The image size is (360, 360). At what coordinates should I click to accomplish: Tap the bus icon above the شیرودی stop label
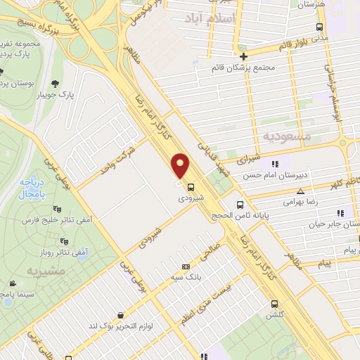click(x=191, y=186)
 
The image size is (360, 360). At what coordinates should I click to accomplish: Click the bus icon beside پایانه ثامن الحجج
click(x=241, y=206)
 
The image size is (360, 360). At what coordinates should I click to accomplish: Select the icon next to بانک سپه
click(x=186, y=266)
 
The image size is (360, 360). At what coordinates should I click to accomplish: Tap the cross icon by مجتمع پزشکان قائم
click(x=243, y=56)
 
